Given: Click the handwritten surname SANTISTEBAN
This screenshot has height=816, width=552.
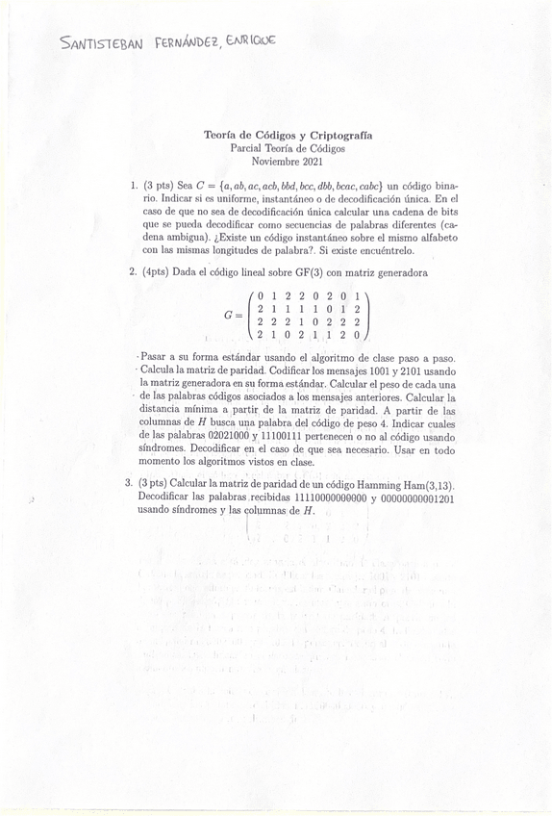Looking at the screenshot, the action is pos(100,44).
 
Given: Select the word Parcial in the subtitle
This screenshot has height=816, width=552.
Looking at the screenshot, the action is pos(251,148).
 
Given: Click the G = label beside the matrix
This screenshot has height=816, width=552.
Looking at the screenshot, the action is pos(233,314).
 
